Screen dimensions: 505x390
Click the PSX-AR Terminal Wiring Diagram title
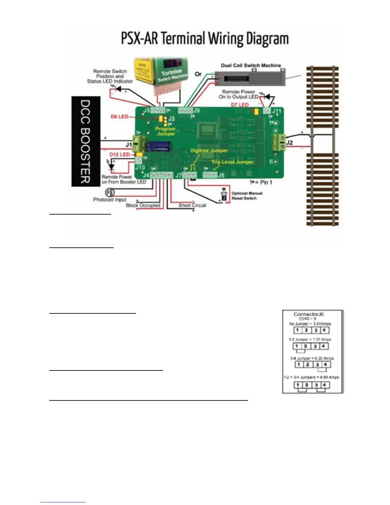(x=205, y=39)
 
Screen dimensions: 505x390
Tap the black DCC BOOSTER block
(x=85, y=141)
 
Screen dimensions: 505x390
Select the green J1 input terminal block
(x=139, y=144)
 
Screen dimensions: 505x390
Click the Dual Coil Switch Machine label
(x=251, y=65)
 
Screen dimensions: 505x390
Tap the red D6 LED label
(x=119, y=117)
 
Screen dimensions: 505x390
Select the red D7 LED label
(x=240, y=105)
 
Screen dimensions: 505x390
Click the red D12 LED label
(x=119, y=155)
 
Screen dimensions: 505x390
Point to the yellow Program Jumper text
(x=165, y=131)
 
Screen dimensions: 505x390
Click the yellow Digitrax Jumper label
(x=209, y=150)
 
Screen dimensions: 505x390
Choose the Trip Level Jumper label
(x=232, y=162)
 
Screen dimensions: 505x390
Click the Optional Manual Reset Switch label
(x=247, y=196)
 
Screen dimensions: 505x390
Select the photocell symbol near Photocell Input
(x=110, y=192)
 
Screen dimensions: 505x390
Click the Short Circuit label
(x=192, y=205)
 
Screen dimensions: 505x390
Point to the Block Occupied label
(x=143, y=205)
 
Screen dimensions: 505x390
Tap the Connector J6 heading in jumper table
(x=308, y=314)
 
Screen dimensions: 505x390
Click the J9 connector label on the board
(x=196, y=111)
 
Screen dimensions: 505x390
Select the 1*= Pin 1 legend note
(x=261, y=182)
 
